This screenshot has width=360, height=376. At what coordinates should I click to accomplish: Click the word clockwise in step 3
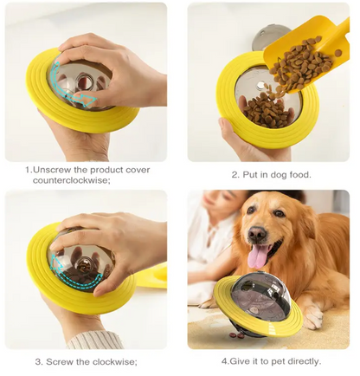click(112, 361)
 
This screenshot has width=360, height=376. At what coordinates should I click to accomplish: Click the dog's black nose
click(258, 233)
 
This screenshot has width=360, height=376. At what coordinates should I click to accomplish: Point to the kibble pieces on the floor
click(235, 335)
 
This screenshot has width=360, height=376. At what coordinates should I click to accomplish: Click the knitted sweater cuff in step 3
click(93, 340)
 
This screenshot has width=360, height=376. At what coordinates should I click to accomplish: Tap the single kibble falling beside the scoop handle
click(338, 53)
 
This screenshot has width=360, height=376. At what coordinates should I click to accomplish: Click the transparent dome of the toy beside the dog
click(260, 295)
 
